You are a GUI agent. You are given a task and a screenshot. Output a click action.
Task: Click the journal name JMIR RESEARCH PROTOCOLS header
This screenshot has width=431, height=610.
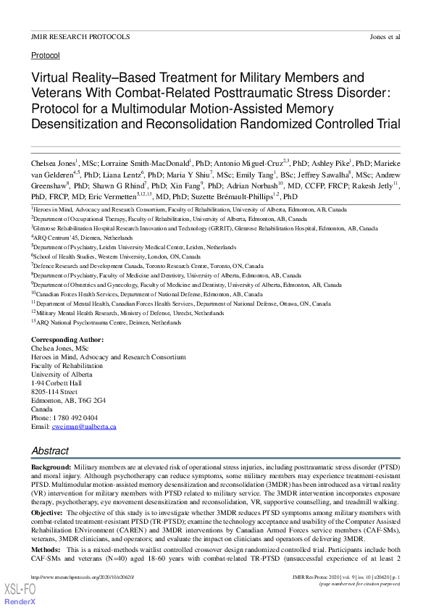tap(80, 36)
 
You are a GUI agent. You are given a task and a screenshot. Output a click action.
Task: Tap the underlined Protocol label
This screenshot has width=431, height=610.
tap(46, 55)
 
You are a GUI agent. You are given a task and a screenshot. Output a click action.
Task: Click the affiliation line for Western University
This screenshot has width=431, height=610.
tap(116, 256)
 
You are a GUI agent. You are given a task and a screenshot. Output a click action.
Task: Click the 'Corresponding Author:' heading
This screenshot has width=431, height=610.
tap(67, 340)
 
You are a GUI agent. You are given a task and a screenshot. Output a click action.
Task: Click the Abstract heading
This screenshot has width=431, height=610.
tap(50, 450)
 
